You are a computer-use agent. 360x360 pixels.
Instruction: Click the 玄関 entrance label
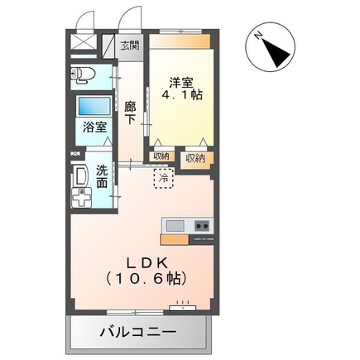point(130,46)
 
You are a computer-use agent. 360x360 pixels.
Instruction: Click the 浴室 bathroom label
point(94,127)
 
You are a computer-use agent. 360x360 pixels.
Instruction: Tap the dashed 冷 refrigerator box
point(164,177)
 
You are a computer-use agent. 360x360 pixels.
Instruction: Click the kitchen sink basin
point(175,226)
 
